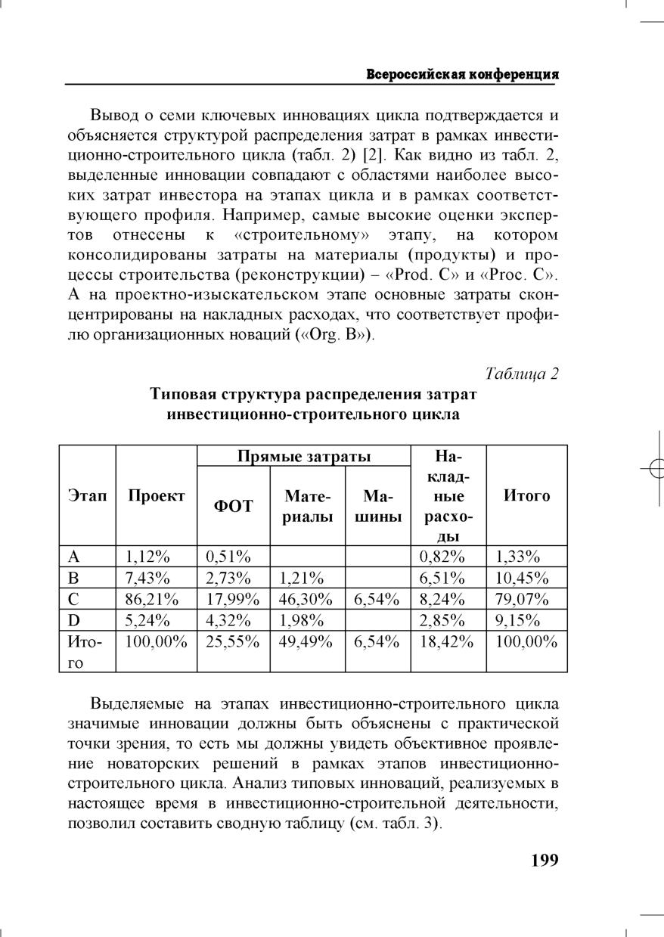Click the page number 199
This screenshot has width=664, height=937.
tap(545, 860)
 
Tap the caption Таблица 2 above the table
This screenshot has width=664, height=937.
tap(522, 374)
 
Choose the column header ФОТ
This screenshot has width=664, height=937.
tap(234, 505)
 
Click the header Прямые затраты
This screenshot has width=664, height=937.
tap(304, 456)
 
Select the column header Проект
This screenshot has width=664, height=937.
tap(156, 495)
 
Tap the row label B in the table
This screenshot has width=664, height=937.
tap(73, 579)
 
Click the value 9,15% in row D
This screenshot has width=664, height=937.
tap(518, 621)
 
